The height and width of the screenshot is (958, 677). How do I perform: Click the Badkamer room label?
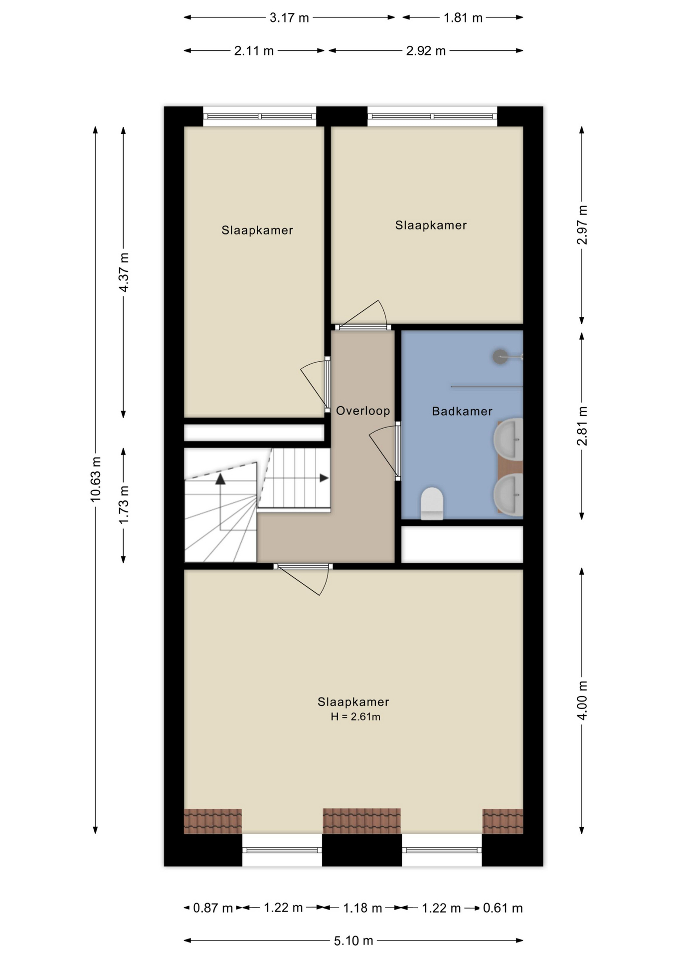point(462,411)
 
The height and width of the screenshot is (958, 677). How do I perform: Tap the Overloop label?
point(362,411)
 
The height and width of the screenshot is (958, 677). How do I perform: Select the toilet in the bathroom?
point(432,503)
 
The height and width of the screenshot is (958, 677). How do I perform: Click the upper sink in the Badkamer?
point(508,440)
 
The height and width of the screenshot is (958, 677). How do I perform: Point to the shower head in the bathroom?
point(500,356)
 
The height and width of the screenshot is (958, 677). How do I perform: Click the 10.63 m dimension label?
point(96,479)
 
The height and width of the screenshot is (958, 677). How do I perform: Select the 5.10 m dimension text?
point(353,941)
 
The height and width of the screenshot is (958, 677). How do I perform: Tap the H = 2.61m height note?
point(355,717)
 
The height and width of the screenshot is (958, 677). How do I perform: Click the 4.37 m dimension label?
point(124,272)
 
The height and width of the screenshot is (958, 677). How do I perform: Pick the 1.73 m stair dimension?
point(124,504)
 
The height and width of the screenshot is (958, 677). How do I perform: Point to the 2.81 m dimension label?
point(582,426)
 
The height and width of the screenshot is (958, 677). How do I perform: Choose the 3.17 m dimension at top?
point(289,18)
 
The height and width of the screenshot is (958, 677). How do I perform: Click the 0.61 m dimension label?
point(503,908)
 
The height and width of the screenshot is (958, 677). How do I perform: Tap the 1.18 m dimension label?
point(362,908)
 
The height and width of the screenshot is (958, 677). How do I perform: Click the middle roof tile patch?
point(361,821)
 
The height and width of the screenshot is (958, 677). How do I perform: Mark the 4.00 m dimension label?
point(582,700)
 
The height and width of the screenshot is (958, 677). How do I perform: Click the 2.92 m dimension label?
point(426,51)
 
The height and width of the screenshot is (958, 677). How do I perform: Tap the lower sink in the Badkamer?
point(508,494)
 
